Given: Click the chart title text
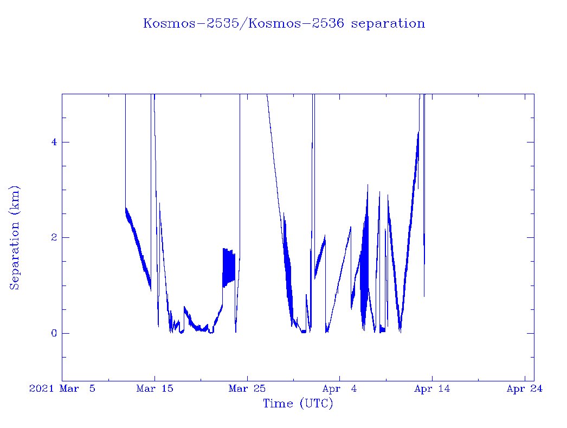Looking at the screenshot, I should point(283,24).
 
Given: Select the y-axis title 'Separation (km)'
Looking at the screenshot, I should point(15,237).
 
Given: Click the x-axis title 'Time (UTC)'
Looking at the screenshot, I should point(298,404).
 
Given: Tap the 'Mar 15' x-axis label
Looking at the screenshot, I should point(154,388).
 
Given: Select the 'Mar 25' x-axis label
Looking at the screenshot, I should point(247,388).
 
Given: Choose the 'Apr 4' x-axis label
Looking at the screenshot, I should point(340,388).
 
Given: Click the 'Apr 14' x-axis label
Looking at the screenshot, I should point(432,388).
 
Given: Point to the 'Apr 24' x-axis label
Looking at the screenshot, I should point(525,388).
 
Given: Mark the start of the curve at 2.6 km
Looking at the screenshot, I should point(126,209).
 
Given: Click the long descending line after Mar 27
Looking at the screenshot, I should point(274,157).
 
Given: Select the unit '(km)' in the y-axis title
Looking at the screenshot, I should point(15,200).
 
